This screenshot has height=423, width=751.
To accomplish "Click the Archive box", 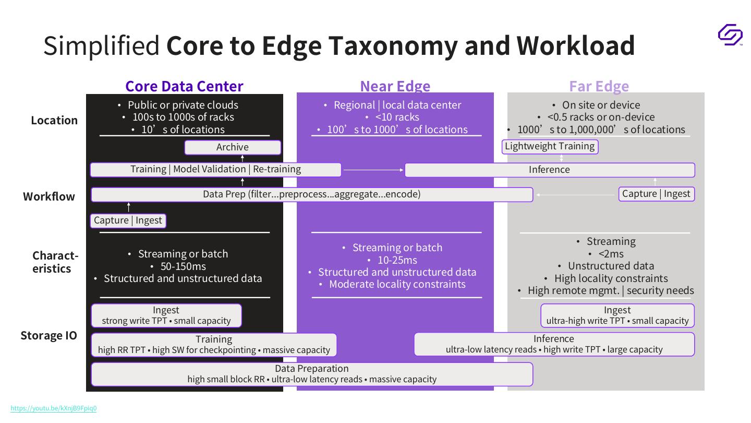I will tap(233, 147).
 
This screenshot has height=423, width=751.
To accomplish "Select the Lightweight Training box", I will tap(550, 146).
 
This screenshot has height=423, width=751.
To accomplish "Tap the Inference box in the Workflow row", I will tap(550, 170).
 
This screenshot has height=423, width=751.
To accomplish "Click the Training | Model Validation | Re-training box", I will tap(215, 169).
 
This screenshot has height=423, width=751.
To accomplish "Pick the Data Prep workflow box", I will tap(312, 194).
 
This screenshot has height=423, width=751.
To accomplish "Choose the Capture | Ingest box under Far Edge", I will tap(656, 194).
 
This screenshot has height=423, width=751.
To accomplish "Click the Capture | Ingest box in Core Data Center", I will tap(128, 220).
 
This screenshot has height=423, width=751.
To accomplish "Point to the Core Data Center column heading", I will tap(184, 86).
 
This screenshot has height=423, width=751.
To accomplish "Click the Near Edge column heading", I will tap(395, 86).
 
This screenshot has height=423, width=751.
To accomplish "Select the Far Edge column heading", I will tap(599, 86).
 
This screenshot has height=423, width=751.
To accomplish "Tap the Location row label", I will tap(54, 120).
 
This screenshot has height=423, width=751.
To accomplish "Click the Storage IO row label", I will tap(49, 335).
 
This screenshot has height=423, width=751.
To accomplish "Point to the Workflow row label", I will tap(49, 197).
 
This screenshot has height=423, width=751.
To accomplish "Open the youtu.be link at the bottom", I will tap(54, 408).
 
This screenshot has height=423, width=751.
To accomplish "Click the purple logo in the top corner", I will tap(730, 34).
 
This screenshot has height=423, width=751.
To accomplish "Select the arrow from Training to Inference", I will tap(373, 170).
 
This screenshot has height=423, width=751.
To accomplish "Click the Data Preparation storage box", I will tap(312, 374).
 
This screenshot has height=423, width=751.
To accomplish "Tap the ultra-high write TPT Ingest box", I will tap(617, 315).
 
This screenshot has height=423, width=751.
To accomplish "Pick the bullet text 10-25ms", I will tap(398, 260).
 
